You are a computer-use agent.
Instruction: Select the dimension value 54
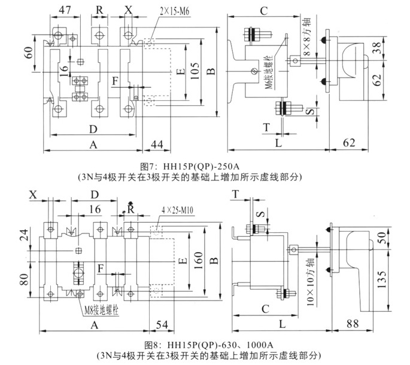tap(161, 326)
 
